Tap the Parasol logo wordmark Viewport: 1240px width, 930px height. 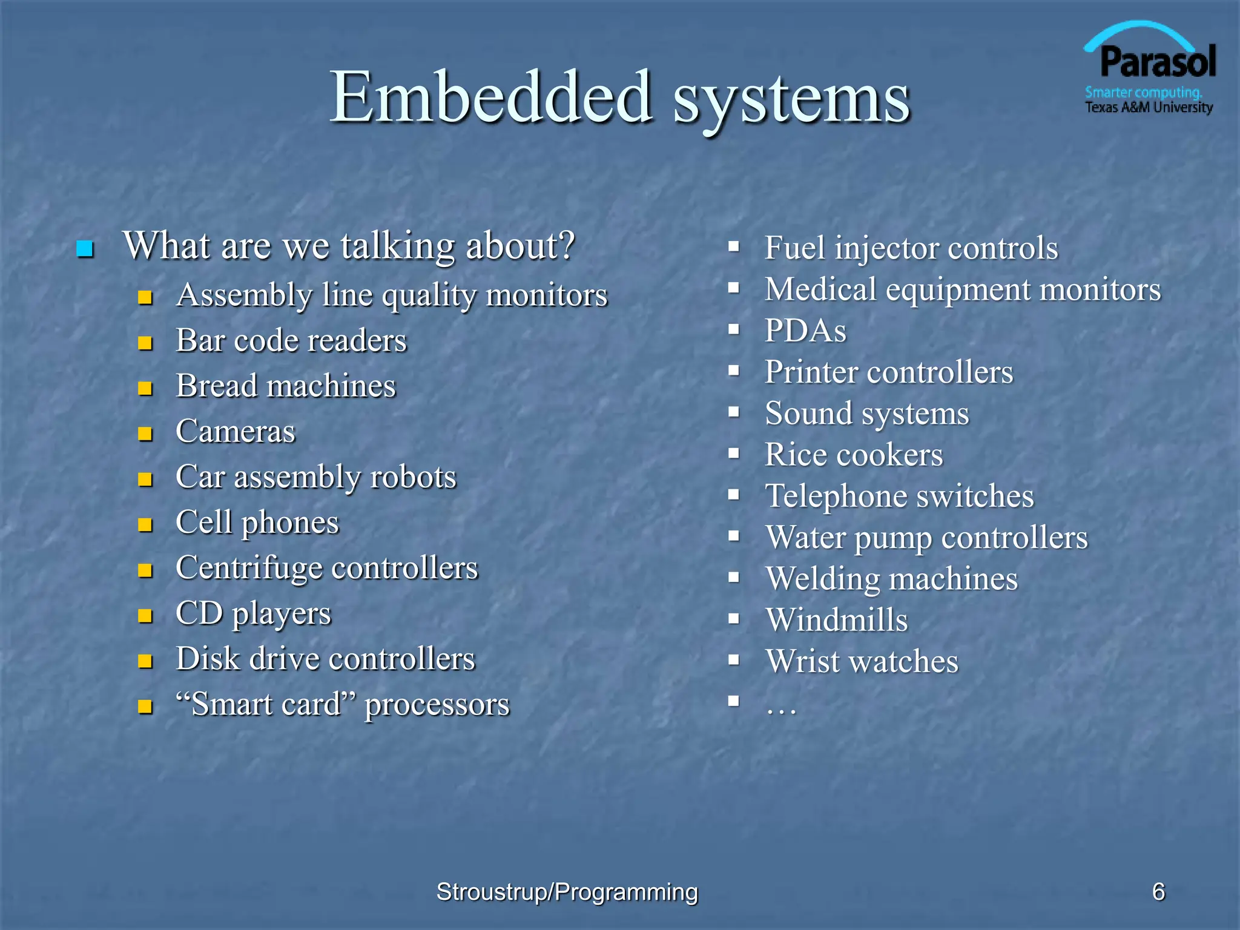click(1157, 62)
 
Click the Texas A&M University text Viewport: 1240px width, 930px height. click(1149, 108)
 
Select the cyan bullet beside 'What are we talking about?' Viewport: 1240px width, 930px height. click(85, 249)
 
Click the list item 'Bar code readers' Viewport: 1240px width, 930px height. click(291, 340)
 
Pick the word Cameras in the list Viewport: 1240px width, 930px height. click(236, 431)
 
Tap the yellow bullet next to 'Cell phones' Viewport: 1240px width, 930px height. click(145, 524)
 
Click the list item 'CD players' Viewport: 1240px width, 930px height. click(253, 613)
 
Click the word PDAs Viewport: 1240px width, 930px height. click(805, 331)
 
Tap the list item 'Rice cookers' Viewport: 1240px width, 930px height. click(854, 455)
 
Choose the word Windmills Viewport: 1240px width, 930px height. click(837, 620)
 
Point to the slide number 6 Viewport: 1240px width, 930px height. click(1158, 892)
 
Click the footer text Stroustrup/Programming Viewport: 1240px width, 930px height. click(567, 892)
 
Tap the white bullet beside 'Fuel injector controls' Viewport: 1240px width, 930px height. click(734, 247)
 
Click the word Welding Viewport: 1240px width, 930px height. click(822, 579)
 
